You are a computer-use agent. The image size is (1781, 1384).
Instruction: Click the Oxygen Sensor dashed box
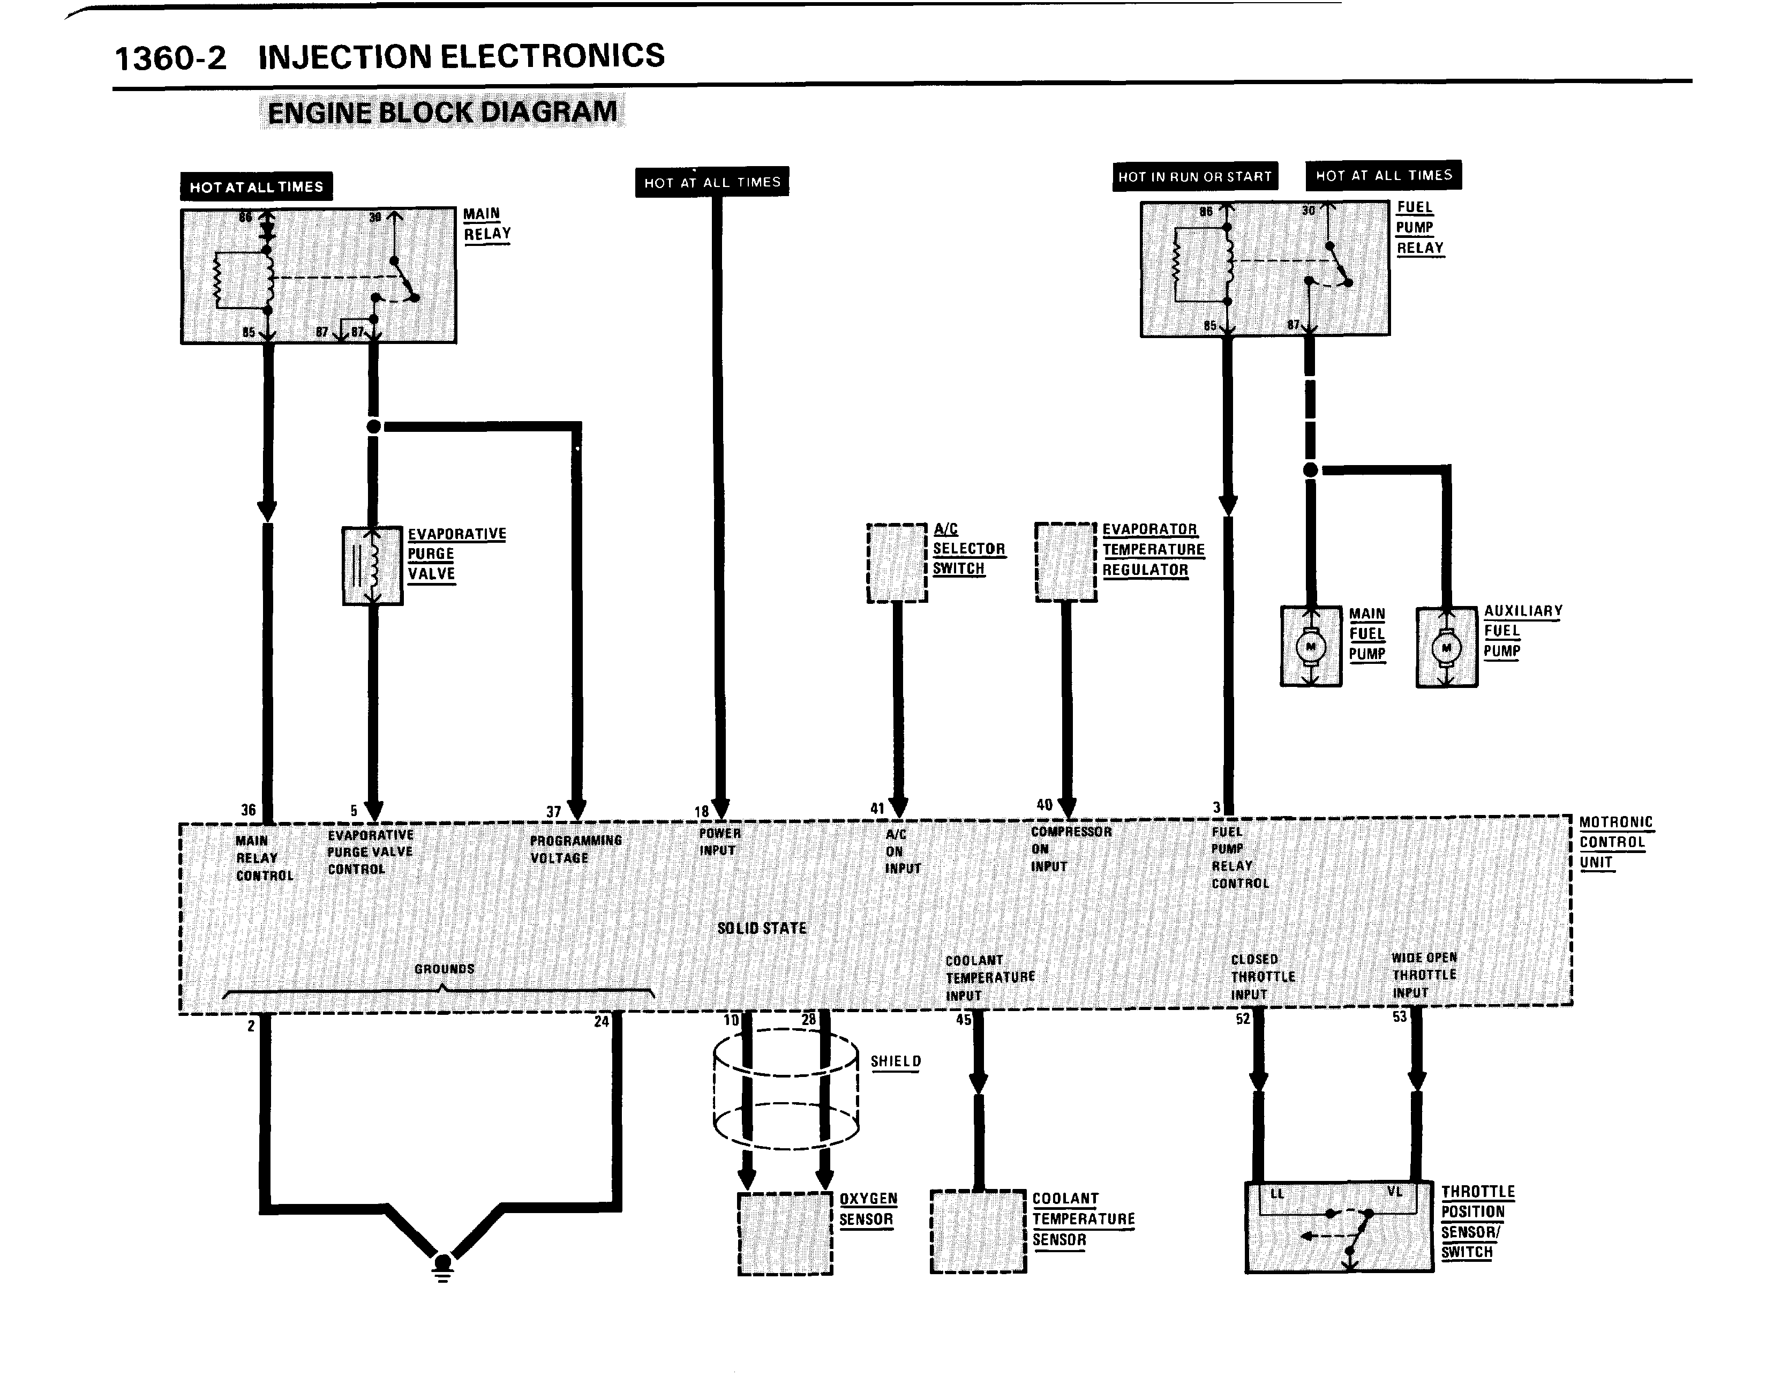tap(785, 1232)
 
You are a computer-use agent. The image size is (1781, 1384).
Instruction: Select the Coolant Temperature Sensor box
tap(978, 1231)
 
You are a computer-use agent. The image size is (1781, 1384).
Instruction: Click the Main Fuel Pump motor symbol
tap(1311, 647)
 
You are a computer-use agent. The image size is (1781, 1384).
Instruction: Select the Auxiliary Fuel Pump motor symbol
tap(1446, 648)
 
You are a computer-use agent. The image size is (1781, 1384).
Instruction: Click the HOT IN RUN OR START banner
tap(1194, 177)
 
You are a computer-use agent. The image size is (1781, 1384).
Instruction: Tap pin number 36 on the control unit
tap(249, 810)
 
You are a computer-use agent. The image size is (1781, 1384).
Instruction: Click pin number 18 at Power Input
tap(701, 811)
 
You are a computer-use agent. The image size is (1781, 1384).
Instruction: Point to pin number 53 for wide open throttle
tap(1399, 1017)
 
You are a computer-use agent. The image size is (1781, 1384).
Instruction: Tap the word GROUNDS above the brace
tap(445, 969)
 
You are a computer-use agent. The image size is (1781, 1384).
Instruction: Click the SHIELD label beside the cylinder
tap(896, 1061)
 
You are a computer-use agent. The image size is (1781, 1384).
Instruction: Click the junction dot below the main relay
tap(373, 427)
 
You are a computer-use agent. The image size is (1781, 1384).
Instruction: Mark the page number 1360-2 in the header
tap(170, 59)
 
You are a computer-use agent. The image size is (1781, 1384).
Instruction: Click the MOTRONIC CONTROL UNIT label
tap(1614, 842)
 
